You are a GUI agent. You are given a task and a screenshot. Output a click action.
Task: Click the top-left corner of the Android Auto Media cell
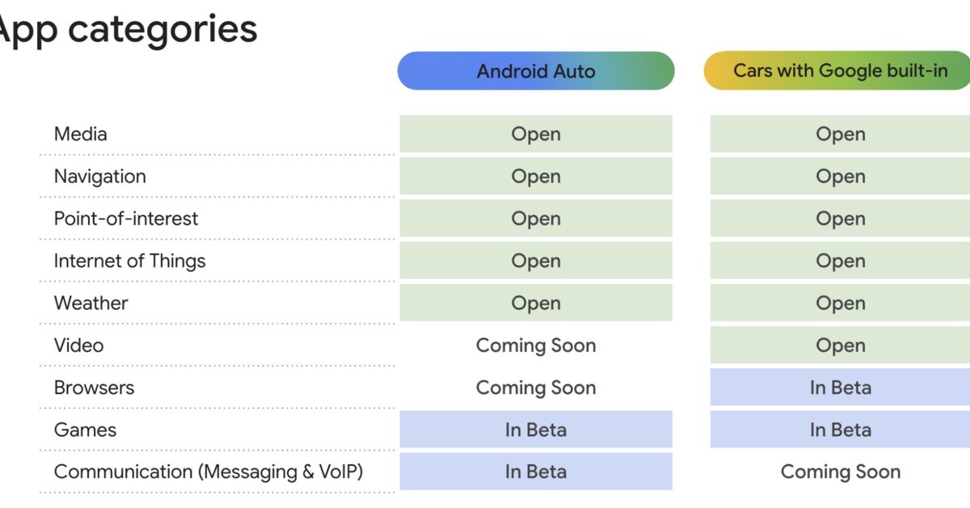[399, 116]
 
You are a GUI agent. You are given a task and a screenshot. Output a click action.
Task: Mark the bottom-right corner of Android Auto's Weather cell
[673, 321]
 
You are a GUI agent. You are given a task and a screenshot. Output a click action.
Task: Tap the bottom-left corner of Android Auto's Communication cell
[399, 490]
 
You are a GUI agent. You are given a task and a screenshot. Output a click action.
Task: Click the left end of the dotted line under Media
[40, 155]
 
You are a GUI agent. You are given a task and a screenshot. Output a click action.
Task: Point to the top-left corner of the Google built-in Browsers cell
[711, 369]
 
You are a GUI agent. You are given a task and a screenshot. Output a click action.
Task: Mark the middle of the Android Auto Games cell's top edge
[536, 411]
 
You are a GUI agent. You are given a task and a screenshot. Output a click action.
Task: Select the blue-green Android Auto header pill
[536, 70]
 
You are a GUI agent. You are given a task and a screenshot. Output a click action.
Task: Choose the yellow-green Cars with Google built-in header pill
[837, 70]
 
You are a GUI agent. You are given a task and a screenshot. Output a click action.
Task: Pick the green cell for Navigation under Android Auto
[536, 176]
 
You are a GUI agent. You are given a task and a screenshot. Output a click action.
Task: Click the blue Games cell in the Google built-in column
[840, 430]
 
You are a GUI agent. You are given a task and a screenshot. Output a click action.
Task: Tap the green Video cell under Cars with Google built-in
[840, 345]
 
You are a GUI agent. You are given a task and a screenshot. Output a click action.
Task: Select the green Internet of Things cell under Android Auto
[536, 260]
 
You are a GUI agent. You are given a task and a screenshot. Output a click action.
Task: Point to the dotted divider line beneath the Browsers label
[217, 408]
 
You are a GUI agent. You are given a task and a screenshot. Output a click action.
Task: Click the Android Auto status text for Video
[536, 345]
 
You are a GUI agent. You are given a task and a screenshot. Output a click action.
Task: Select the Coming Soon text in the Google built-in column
[841, 472]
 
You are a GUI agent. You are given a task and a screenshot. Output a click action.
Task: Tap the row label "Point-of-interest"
[126, 218]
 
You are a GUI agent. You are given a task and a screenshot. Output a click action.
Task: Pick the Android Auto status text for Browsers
[536, 387]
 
